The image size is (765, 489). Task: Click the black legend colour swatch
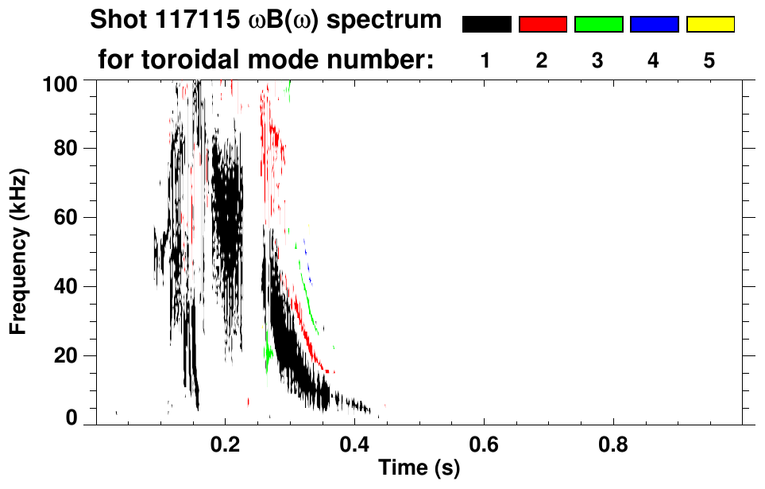pos(486,25)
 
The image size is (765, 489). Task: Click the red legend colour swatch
pos(543,25)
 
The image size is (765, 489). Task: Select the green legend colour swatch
pos(598,25)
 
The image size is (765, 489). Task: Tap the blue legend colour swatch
pos(654,25)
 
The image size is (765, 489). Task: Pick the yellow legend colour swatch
pos(709,25)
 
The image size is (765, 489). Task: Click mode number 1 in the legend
pos(485,60)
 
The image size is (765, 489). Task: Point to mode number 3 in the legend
pos(597,60)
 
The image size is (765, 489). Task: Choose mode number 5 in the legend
pos(709,60)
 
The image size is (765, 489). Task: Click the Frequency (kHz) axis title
pos(21,250)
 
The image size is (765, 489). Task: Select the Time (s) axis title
pos(419,468)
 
